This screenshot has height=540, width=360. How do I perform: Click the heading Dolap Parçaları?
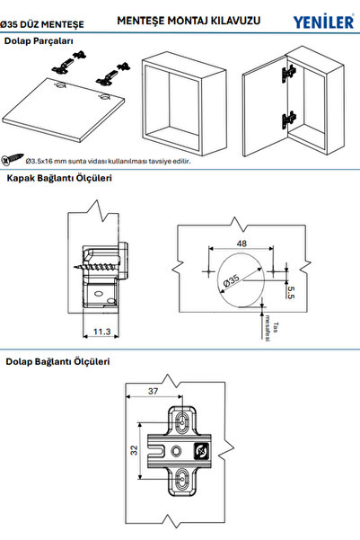pyautogui.click(x=40, y=41)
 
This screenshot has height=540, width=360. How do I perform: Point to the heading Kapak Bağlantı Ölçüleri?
pyautogui.click(x=59, y=179)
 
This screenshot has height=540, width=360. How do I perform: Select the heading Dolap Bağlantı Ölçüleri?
pyautogui.click(x=57, y=362)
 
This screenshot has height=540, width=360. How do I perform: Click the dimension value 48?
pyautogui.click(x=242, y=242)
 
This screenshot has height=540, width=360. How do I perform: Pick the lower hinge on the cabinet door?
pyautogui.click(x=287, y=119)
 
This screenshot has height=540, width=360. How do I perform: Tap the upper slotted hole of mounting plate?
pyautogui.click(x=180, y=420)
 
